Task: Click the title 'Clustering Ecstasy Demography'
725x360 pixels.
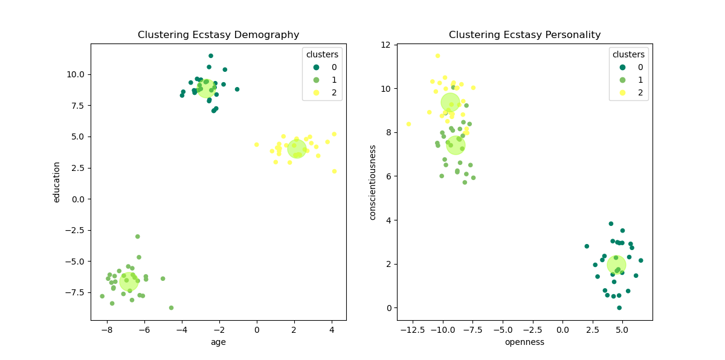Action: pos(218,35)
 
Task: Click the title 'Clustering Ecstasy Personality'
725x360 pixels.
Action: pos(524,35)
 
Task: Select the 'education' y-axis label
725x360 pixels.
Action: pos(57,182)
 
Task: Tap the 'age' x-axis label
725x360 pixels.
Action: pos(218,342)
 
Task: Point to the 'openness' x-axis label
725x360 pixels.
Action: pos(524,342)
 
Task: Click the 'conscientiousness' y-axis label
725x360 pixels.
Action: pos(373,182)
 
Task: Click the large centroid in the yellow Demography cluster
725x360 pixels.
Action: pos(296,148)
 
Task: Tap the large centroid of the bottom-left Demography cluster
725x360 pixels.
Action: pos(129,281)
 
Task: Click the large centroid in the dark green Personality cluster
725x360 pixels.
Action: pos(616,264)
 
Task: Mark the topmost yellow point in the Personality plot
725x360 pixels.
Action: pos(437,56)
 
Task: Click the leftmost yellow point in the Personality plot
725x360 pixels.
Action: pos(408,124)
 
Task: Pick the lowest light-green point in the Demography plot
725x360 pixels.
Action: pos(171,307)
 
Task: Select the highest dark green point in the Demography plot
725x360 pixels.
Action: pos(211,56)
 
